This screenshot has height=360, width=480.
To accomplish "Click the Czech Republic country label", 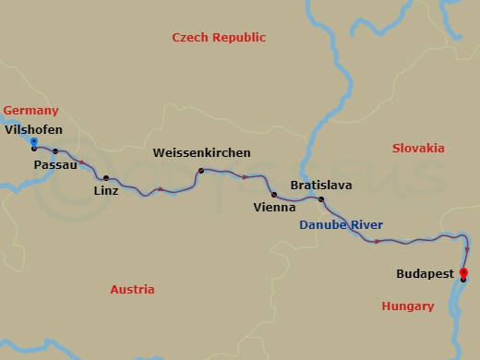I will coord(219,38).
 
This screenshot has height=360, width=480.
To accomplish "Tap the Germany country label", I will coord(30,110).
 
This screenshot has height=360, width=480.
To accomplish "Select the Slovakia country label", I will coord(417,148).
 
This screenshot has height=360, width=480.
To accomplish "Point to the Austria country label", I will coord(132,289).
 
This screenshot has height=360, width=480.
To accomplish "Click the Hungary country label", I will coord(407,306).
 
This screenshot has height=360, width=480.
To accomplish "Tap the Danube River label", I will coord(341,225).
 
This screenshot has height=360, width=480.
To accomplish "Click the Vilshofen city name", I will coord(34,130).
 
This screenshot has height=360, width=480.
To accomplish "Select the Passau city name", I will coord(54,164).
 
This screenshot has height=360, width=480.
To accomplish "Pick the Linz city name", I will coord(106,191).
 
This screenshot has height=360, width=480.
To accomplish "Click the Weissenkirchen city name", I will coord(201,152).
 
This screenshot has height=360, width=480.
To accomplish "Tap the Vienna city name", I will coord(274,208).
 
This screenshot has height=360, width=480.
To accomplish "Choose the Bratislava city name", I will coord(320,185).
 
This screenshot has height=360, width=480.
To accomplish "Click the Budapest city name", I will coord(424,274).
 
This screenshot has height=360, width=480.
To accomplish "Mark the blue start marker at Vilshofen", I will coord(34,142).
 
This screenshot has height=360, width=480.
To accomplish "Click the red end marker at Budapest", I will coord(463,272).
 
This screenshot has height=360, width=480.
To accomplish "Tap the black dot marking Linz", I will coord(106,178).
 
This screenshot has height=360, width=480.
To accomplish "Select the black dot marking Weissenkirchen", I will coord(200,171).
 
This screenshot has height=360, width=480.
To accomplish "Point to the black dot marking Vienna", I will coord(274,194).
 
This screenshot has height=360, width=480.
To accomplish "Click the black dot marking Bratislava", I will coord(321,199).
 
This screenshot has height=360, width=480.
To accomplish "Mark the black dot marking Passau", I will coord(55,151).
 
